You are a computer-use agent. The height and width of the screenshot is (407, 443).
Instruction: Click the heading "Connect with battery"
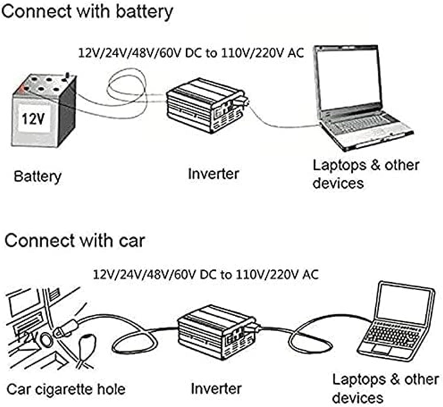point(87,12)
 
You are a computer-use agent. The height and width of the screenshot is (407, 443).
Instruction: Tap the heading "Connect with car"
point(74,240)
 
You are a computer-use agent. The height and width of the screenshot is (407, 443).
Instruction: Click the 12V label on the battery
point(33,119)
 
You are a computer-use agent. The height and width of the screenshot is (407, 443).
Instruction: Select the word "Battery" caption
point(38,177)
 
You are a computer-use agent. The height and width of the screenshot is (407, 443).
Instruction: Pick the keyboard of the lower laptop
point(393,334)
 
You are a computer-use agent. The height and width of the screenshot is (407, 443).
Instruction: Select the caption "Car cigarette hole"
point(66,389)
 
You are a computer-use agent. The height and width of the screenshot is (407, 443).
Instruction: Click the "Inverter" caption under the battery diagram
point(213,174)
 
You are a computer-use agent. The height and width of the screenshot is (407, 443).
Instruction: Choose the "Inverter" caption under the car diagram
point(216,389)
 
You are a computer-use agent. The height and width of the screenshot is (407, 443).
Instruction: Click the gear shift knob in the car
point(88,343)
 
